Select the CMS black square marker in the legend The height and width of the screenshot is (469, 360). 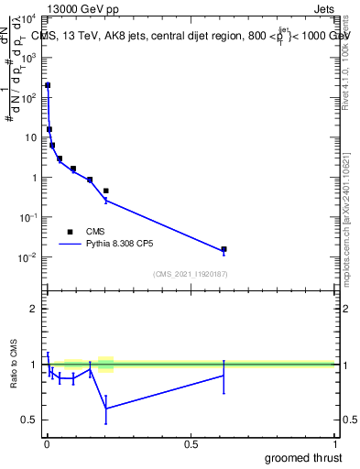70,232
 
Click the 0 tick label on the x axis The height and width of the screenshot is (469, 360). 47,444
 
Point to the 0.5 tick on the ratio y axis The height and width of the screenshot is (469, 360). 27,420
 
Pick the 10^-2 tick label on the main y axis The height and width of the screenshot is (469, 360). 26,257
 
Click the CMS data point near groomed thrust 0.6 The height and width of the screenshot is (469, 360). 224,249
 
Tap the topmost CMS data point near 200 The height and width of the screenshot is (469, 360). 48,85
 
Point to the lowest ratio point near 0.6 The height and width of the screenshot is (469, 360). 106,408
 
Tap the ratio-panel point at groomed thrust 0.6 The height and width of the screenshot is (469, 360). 224,376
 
